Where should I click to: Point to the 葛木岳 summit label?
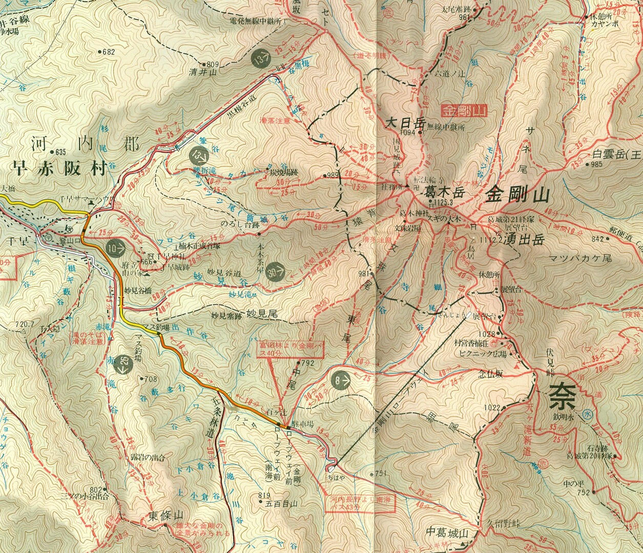tap(444, 193)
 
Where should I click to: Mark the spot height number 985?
tap(596, 164)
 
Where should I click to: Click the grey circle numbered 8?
tap(341, 380)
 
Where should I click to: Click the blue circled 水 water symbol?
tap(587, 416)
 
